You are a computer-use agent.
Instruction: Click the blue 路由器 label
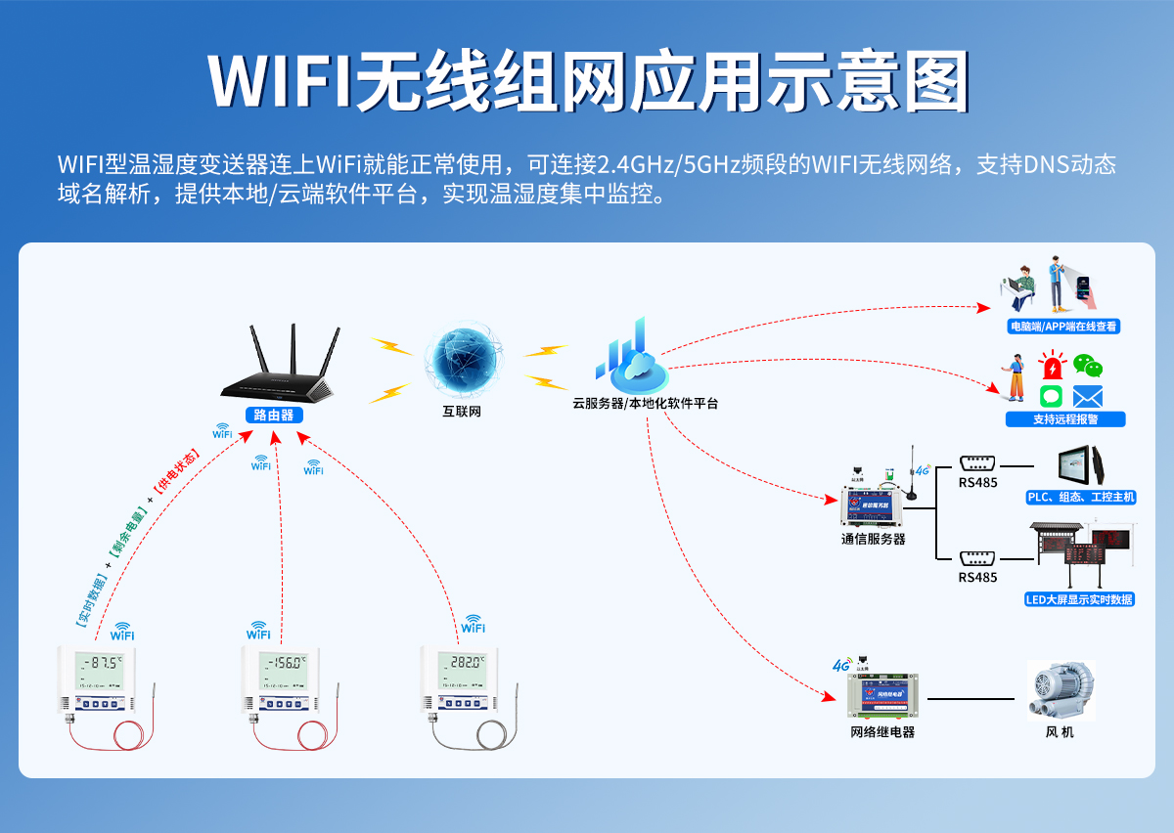(x=273, y=415)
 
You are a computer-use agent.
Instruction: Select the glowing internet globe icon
(x=462, y=360)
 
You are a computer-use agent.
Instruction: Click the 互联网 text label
(x=462, y=412)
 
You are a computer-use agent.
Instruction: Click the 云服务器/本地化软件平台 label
(x=646, y=403)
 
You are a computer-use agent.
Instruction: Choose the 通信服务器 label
(x=874, y=539)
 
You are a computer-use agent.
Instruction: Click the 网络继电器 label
(x=882, y=732)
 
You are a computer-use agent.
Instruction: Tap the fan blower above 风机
(x=1060, y=690)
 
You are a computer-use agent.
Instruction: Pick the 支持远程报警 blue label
(x=1065, y=419)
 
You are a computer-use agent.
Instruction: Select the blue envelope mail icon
(x=1088, y=396)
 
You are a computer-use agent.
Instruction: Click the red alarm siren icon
(x=1052, y=368)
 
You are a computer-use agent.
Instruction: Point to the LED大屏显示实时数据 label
(x=1079, y=599)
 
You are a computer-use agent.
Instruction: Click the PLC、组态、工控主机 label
(x=1081, y=498)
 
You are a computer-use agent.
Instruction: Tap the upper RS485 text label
(x=977, y=482)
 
